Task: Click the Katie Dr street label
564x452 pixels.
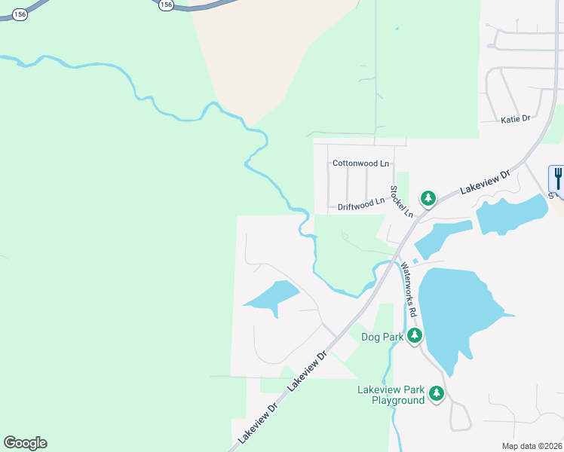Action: (516, 119)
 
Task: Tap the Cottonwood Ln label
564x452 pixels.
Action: (360, 163)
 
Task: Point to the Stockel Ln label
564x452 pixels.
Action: (401, 201)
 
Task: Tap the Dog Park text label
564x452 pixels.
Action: (382, 337)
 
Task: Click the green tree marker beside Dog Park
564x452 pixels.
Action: (414, 336)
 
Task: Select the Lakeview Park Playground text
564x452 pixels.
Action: (391, 395)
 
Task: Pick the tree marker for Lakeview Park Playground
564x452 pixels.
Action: (436, 394)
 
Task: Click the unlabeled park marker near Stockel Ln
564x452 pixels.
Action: (428, 199)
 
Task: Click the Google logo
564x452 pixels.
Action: (25, 442)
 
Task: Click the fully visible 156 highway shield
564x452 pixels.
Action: (167, 5)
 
